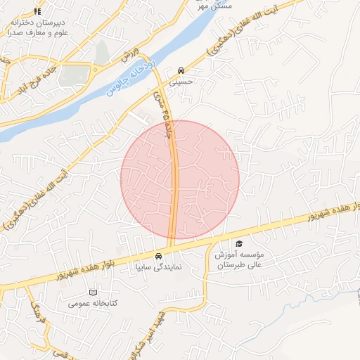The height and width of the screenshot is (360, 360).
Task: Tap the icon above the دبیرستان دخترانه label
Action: pos(37,12)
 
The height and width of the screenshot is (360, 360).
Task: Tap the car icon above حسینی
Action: pos(181,70)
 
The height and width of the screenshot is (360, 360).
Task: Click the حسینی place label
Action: pos(182,81)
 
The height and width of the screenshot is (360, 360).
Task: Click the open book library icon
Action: pos(94,292)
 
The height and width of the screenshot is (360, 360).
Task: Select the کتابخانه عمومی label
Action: pos(92,304)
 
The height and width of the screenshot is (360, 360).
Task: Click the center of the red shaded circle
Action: pos(180,179)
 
